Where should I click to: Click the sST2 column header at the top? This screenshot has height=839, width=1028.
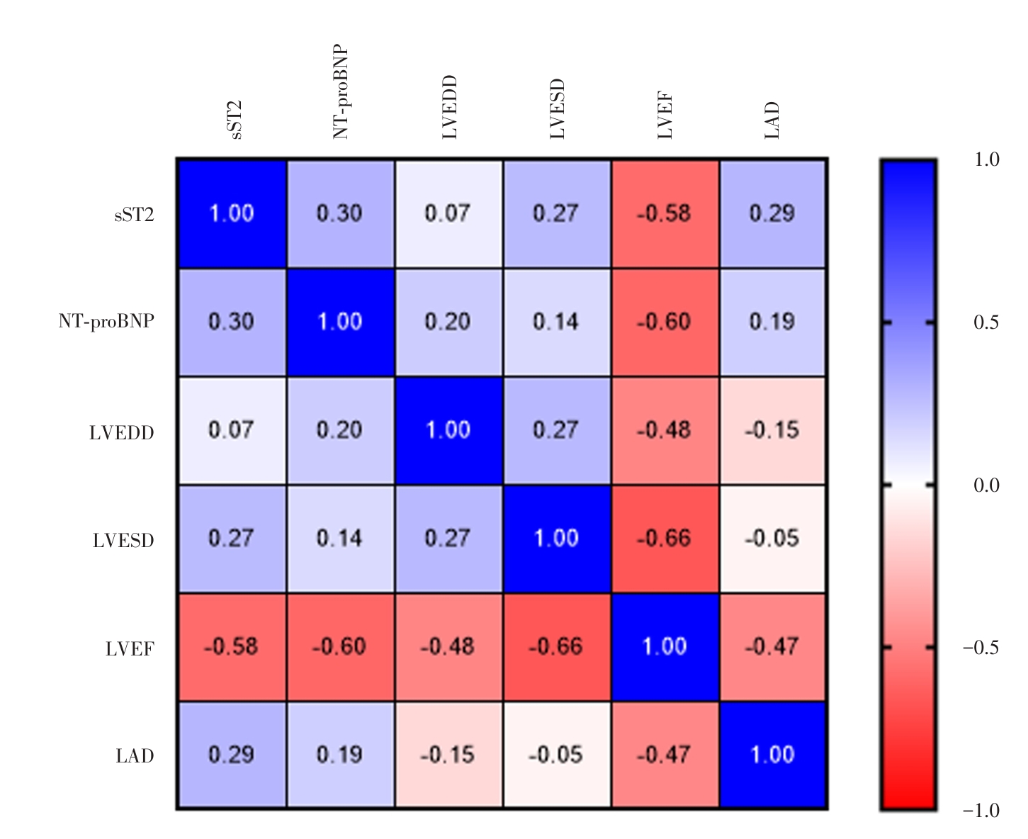(x=236, y=120)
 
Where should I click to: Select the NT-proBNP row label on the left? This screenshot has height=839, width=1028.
(x=106, y=322)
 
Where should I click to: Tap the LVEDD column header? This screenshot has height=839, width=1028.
(x=450, y=107)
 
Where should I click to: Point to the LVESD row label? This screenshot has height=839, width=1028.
(x=123, y=541)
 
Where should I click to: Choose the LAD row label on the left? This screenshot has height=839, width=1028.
(x=135, y=756)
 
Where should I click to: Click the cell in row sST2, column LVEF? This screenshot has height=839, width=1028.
(x=665, y=214)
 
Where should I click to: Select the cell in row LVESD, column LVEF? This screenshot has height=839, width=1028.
(x=665, y=539)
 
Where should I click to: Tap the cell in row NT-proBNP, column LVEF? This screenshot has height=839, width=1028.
(x=665, y=322)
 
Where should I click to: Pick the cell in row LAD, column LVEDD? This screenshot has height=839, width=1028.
(x=448, y=755)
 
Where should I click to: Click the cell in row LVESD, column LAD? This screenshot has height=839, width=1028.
(x=772, y=539)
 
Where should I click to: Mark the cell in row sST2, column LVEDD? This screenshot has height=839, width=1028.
(x=448, y=214)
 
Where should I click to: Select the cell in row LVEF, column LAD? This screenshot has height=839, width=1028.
(x=772, y=647)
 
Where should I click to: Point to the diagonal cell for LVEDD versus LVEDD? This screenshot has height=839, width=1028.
(x=448, y=430)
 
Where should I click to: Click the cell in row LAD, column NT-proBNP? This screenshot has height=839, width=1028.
(x=340, y=755)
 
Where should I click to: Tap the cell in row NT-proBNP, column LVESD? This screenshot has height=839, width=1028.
(x=556, y=322)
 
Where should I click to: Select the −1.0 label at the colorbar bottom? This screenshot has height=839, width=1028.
(x=981, y=810)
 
